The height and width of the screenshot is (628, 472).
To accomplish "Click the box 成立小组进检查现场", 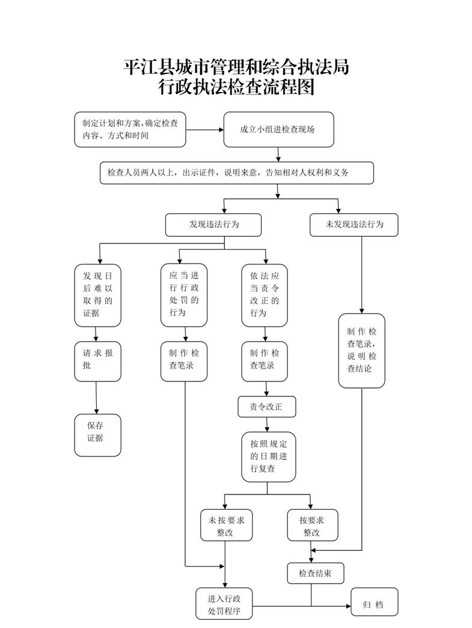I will (278, 129).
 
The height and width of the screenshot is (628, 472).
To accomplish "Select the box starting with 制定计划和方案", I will (130, 129).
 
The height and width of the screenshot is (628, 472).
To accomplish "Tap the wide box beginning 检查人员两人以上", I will (237, 173).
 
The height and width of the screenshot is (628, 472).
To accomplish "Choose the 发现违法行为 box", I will (213, 224).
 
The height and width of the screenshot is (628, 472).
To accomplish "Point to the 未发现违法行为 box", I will (354, 224).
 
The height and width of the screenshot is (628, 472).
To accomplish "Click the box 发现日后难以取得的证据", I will (97, 294).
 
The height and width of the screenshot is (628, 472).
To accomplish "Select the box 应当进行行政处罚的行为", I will (184, 294).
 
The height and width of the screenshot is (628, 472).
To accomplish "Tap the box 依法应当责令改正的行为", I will (265, 294).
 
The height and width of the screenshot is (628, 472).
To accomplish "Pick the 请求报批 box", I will (97, 361).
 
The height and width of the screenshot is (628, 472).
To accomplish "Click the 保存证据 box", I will (97, 434).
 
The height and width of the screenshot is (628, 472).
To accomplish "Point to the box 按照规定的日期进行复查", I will (269, 457).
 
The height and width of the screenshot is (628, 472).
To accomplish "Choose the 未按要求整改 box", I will (225, 525).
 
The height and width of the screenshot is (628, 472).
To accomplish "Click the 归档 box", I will (374, 604).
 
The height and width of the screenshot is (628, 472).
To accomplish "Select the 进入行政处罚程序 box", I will (224, 604).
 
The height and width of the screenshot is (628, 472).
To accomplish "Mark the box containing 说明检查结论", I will (361, 349).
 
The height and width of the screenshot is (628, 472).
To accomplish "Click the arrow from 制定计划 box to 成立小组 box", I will (204, 129).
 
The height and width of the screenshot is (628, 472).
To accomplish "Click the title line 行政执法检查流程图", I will (236, 88).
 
